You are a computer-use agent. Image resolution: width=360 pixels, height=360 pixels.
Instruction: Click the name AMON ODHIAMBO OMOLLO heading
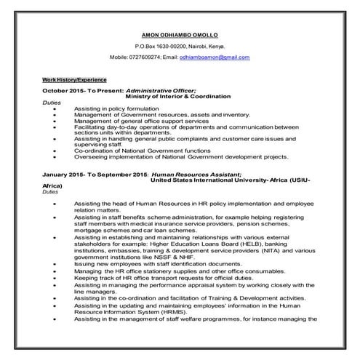click(180, 34)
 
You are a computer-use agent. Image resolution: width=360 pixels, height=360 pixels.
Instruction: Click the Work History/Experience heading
click(74, 79)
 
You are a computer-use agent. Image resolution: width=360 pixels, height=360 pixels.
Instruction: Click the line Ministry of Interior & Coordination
click(178, 96)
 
